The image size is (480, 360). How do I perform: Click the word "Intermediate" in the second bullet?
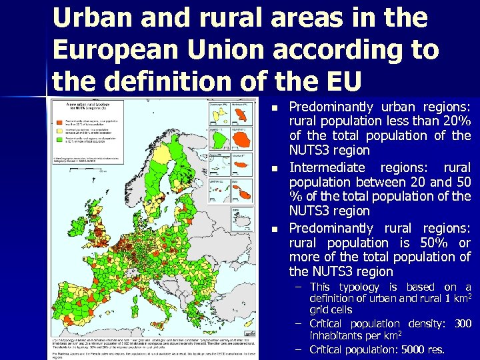327,167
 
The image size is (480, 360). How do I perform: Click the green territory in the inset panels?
219,139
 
